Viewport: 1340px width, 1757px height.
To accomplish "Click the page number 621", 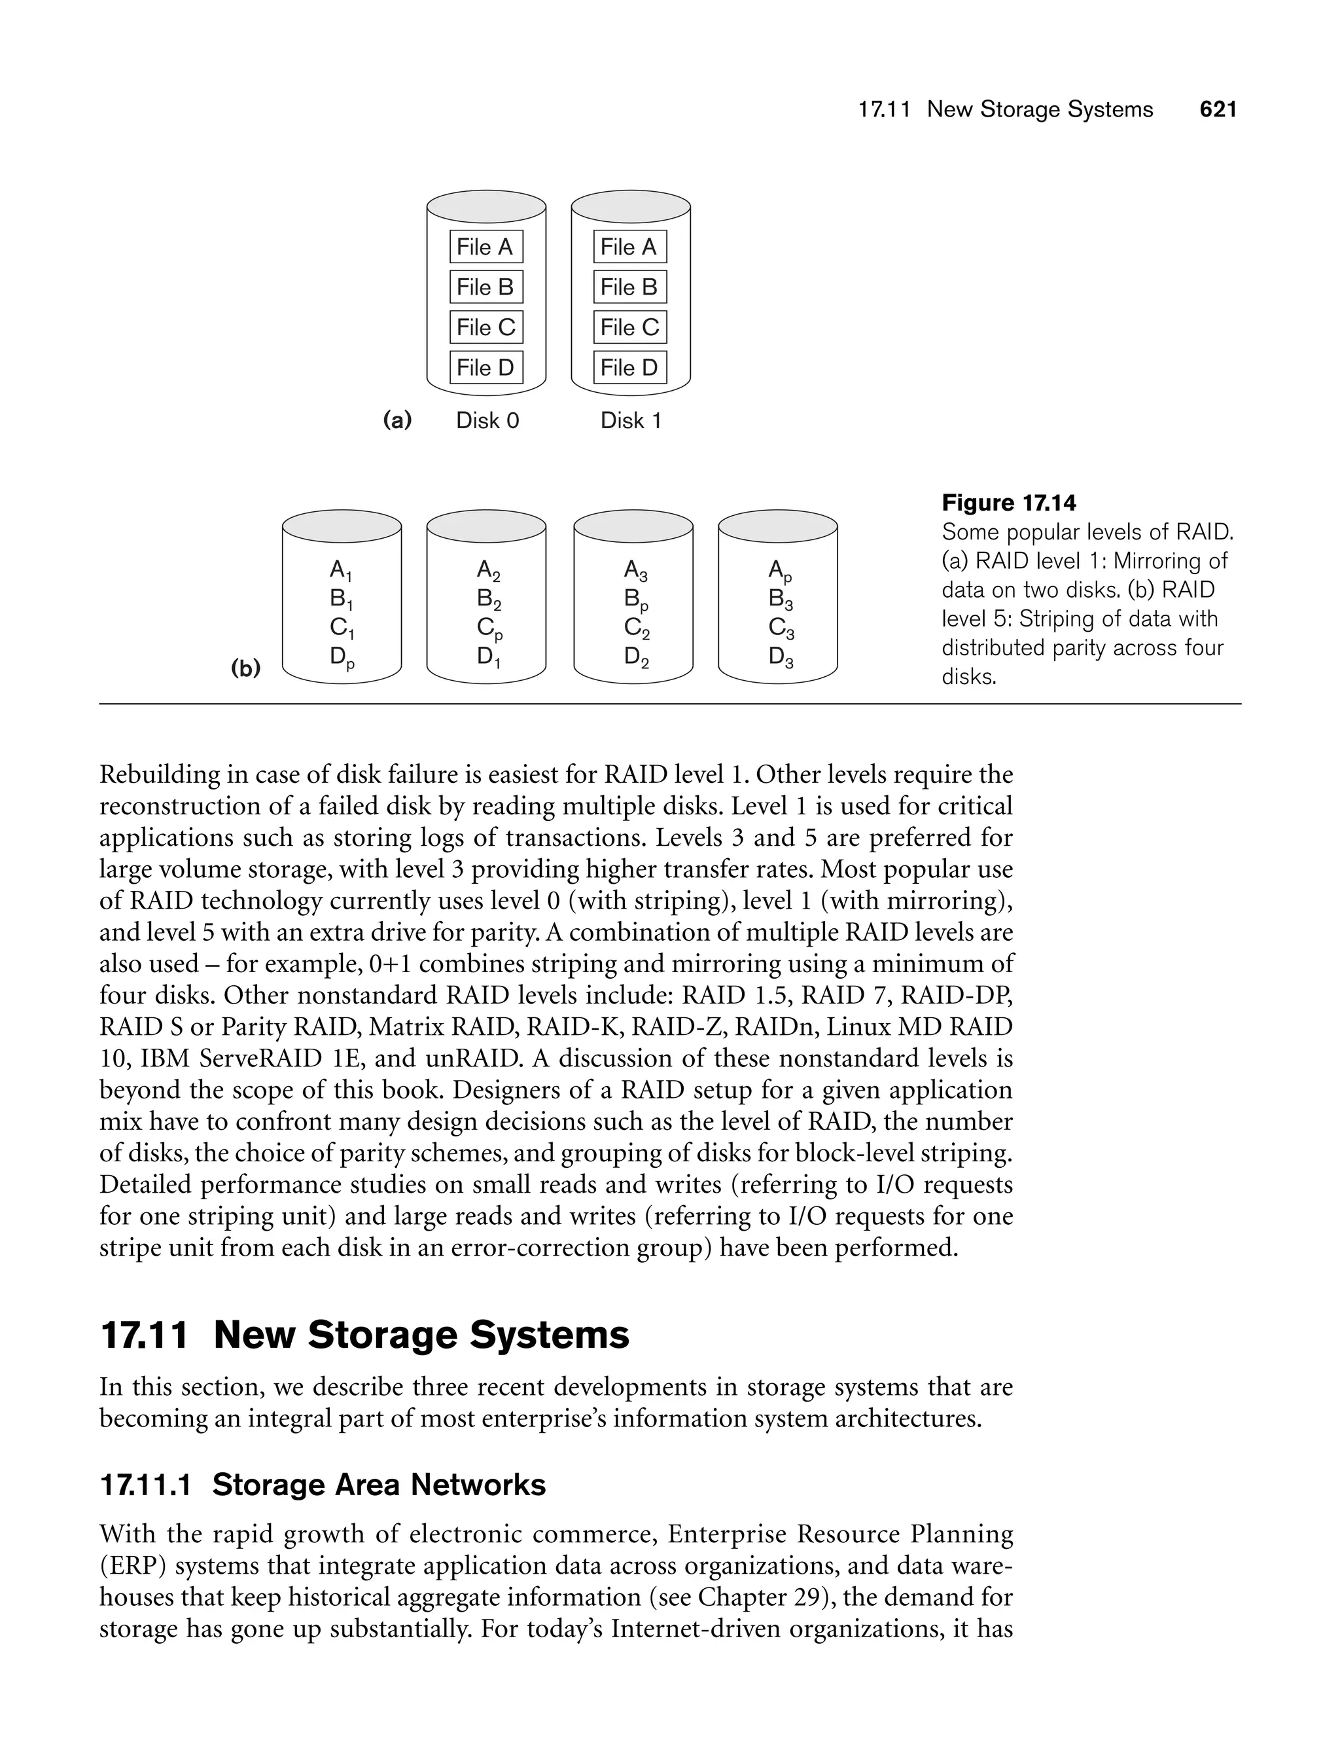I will tap(1218, 109).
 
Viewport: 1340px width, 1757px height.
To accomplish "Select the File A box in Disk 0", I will tap(485, 247).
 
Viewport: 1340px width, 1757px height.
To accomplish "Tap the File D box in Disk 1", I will tap(629, 367).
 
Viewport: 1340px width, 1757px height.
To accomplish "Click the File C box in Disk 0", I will tap(485, 327).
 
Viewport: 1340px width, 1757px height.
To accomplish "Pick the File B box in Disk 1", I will tap(629, 287).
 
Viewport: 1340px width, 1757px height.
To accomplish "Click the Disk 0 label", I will tap(487, 420).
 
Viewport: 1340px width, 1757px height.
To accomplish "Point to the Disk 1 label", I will tap(631, 420).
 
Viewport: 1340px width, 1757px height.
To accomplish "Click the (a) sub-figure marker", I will tap(397, 420).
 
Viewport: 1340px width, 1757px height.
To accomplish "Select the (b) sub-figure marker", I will tap(245, 668).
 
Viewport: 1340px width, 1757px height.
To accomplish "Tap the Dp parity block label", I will tap(342, 659).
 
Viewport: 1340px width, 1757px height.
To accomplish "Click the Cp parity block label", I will tap(489, 630).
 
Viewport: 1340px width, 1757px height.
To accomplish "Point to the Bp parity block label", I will tap(636, 600).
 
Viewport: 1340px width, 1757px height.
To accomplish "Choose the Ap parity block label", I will tap(780, 571).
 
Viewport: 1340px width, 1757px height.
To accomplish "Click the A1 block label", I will tap(342, 571).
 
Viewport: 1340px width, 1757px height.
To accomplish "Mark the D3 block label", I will tap(780, 659).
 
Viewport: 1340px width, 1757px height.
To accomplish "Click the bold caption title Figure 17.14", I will tap(1008, 503).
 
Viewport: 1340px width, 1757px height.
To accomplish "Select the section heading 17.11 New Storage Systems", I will tap(364, 1335).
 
